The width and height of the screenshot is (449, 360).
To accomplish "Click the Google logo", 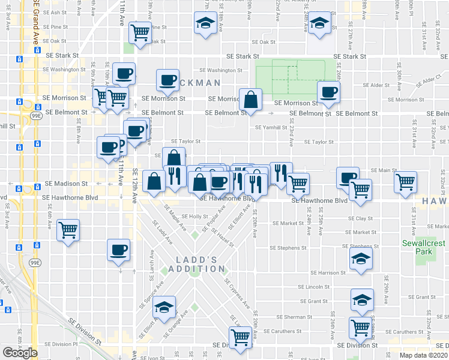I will click(x=20, y=353).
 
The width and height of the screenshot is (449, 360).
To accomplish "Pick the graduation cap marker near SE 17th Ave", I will click(x=205, y=24).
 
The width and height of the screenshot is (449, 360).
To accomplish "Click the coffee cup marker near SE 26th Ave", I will click(x=328, y=92).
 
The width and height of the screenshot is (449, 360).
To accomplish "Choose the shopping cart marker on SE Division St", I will click(x=240, y=337).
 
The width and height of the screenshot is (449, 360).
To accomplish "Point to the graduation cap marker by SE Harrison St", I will click(x=361, y=258).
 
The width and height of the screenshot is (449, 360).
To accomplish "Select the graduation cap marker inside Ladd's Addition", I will click(x=164, y=307).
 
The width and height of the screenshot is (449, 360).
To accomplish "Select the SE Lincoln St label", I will click(x=318, y=286).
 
